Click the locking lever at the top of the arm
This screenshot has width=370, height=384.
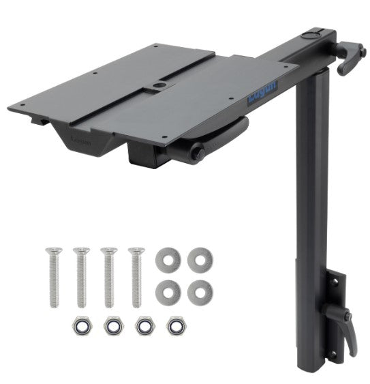pos(349,58)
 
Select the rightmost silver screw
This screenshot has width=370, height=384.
pos(137,277)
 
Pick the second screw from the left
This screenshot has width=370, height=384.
pos(81,277)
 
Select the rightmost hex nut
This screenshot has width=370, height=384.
pos(176,325)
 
